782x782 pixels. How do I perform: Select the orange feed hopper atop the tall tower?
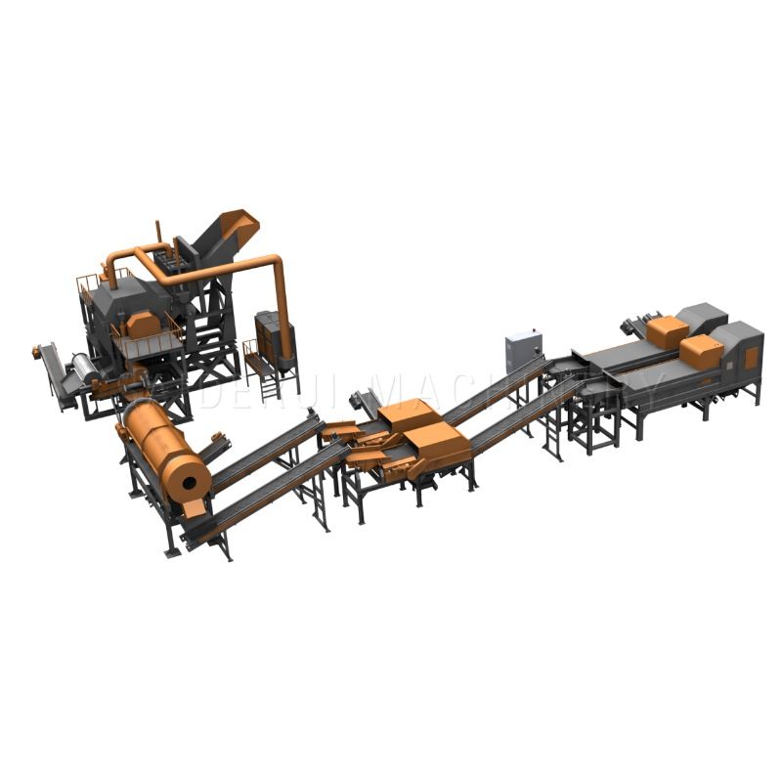[x=239, y=227]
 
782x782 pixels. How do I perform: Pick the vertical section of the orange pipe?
[x=282, y=293]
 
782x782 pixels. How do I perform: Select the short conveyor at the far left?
[x=54, y=370]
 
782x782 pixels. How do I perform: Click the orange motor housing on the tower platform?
[x=143, y=324]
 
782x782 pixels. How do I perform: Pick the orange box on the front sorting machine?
[x=701, y=351]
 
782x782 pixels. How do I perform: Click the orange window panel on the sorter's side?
[x=751, y=359]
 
